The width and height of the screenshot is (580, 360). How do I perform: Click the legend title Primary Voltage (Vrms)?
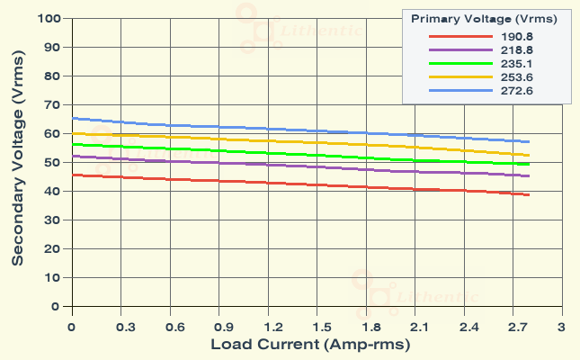coord(484,18)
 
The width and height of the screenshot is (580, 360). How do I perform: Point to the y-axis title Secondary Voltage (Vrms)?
coord(17,162)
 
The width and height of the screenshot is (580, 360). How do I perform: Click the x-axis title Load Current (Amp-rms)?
coord(310,345)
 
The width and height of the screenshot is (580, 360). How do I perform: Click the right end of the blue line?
coord(529,141)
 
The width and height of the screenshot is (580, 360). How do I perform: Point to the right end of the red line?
coord(529,194)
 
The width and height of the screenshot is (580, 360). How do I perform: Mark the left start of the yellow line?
coord(73,133)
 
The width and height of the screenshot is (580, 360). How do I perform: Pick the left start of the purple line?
coord(73,156)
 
